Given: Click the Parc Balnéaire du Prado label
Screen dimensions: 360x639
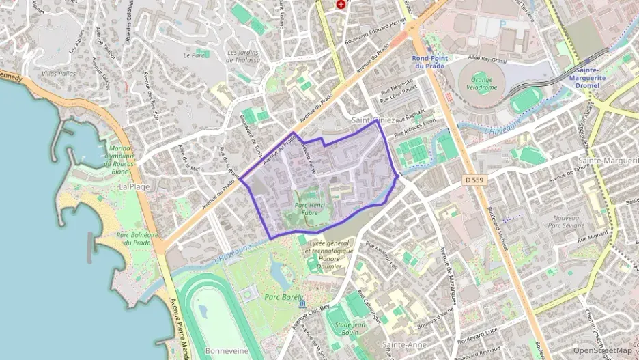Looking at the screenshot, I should point(137,238).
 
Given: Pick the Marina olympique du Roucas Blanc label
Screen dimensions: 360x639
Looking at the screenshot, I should point(120,161).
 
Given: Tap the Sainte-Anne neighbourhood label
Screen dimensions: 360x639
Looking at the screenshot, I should point(404,346).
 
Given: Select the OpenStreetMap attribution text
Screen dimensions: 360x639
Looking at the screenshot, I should point(602,350).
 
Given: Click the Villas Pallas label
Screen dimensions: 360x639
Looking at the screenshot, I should point(59,73).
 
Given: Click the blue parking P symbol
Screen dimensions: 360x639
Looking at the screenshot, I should point(503,24).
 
